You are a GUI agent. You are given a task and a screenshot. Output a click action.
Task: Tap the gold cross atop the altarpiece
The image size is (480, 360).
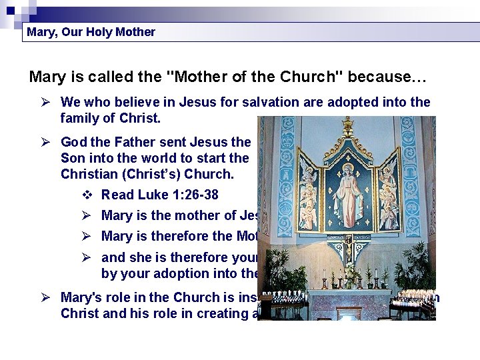pyautogui.click(x=347, y=125)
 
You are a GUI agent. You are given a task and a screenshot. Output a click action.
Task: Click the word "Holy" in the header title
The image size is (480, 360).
pyautogui.click(x=98, y=32)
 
